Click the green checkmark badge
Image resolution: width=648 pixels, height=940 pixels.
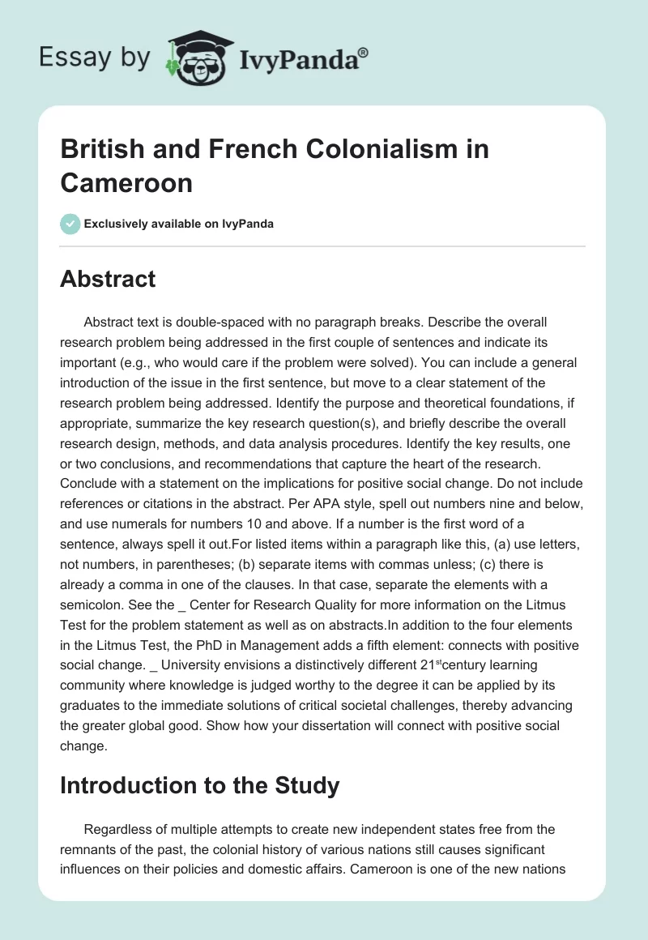point(70,224)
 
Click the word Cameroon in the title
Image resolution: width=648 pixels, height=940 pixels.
point(126,183)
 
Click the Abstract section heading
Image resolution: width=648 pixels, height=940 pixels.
point(108,280)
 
